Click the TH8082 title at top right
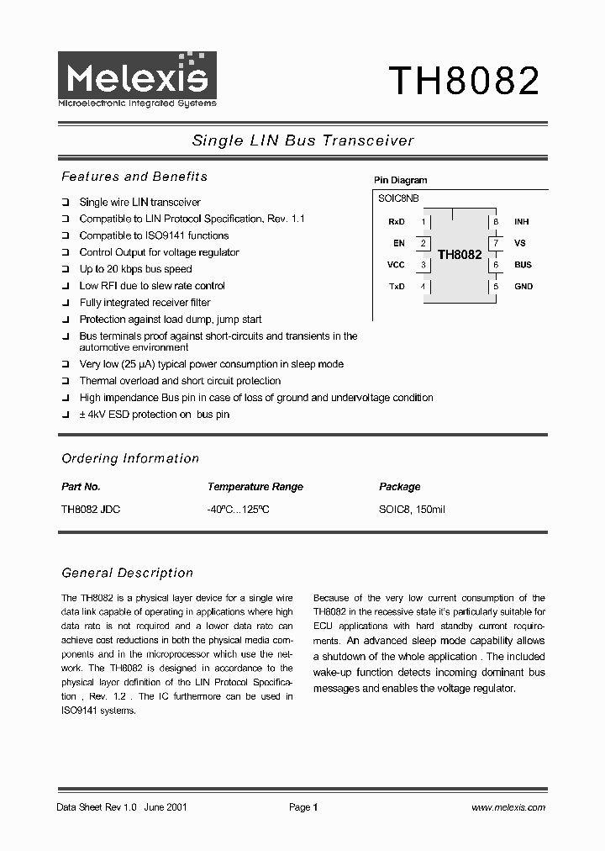click(463, 81)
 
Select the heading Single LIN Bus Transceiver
click(302, 141)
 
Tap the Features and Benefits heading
click(134, 177)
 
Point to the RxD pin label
click(397, 222)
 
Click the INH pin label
click(522, 222)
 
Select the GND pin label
click(523, 287)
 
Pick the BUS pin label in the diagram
click(523, 265)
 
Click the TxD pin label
click(397, 287)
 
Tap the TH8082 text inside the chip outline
click(460, 255)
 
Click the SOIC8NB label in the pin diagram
click(399, 198)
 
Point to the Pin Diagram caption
click(400, 180)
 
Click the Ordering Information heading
click(130, 458)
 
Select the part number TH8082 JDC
click(91, 510)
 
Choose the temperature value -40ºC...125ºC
click(238, 510)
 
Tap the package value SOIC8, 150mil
click(412, 510)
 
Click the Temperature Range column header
click(255, 487)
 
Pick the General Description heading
click(128, 573)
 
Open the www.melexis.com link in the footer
click(508, 807)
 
